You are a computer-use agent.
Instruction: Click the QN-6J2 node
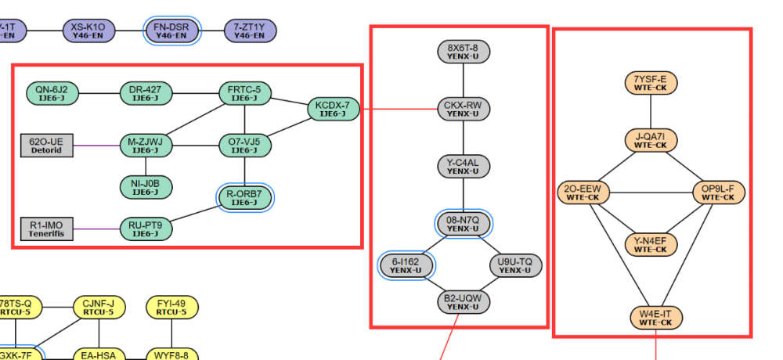[52, 93]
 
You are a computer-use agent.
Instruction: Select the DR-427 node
[146, 93]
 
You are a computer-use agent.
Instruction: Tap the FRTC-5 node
[245, 93]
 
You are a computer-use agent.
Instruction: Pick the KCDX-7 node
[333, 110]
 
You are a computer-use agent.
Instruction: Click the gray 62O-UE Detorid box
[46, 145]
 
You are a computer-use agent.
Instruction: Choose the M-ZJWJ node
[146, 145]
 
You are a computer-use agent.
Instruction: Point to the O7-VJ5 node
[245, 145]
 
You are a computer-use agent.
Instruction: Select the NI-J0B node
[146, 187]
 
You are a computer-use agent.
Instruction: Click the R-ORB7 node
[245, 198]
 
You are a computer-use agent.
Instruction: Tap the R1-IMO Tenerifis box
[46, 229]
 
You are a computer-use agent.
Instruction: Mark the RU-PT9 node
[146, 229]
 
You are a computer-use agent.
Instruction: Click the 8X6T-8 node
[464, 52]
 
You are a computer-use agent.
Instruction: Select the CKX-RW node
[464, 109]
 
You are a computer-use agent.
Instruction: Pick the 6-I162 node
[406, 265]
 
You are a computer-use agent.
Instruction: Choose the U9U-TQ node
[515, 265]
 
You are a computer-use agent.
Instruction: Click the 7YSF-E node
[651, 82]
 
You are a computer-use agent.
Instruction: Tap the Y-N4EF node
[651, 244]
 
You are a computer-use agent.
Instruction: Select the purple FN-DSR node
[172, 31]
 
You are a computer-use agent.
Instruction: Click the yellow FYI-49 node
[171, 308]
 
